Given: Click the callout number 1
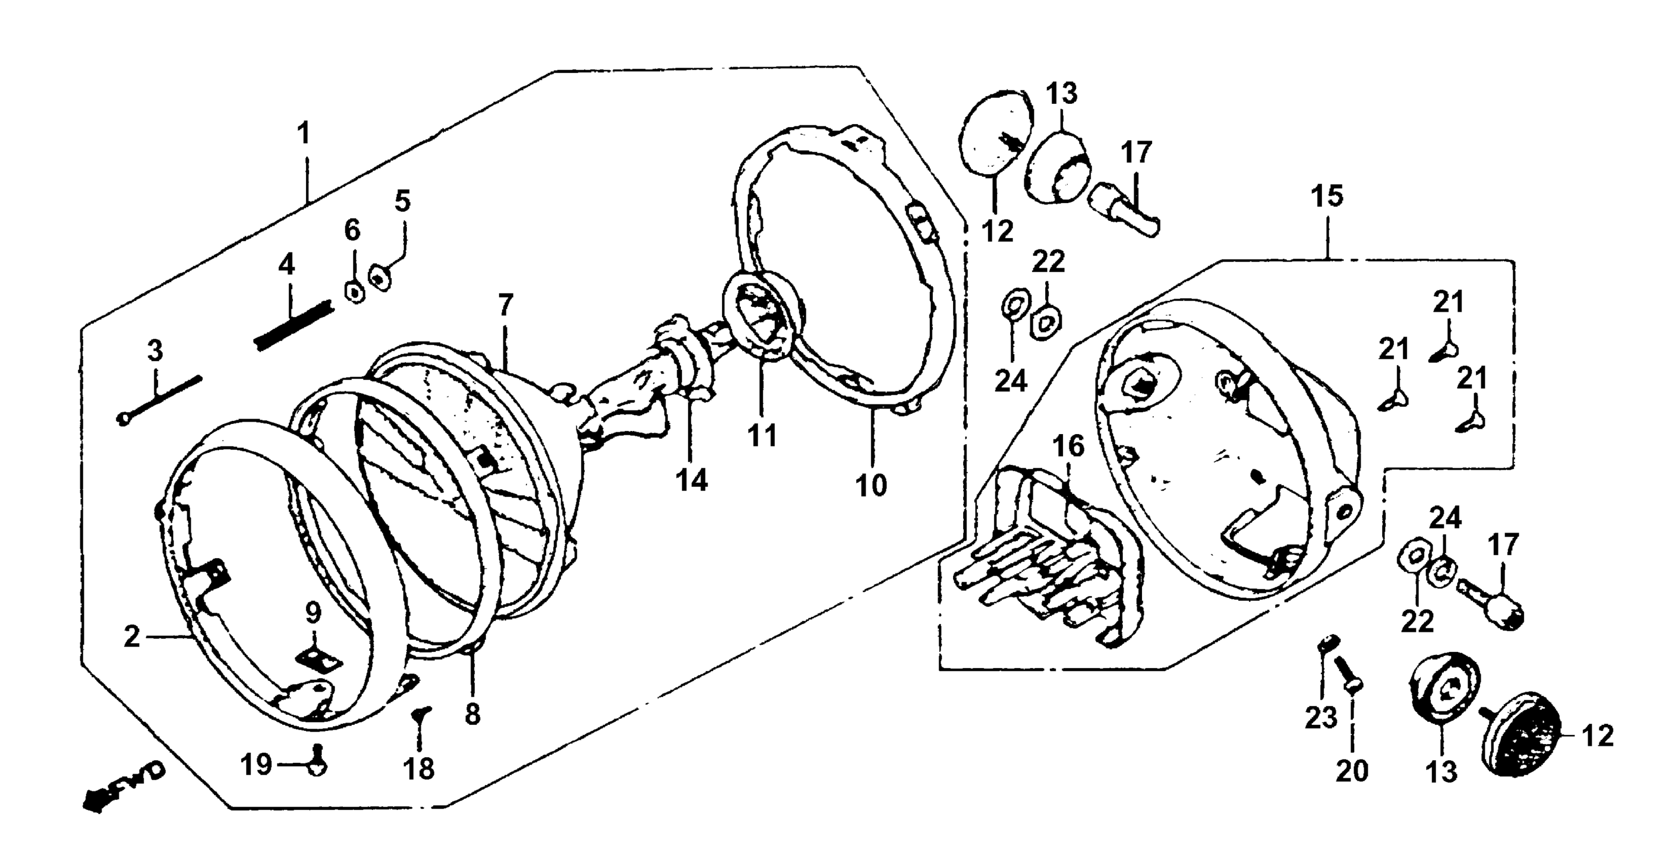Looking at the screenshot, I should [303, 134].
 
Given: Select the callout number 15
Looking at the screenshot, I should [1327, 196].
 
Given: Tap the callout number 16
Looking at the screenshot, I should [1068, 446].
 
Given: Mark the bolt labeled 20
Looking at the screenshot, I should [1347, 676].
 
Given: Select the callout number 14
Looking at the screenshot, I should [691, 481].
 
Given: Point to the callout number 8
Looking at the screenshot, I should [472, 714].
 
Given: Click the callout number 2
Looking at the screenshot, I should [132, 638].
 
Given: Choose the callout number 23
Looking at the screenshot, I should [1321, 718].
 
